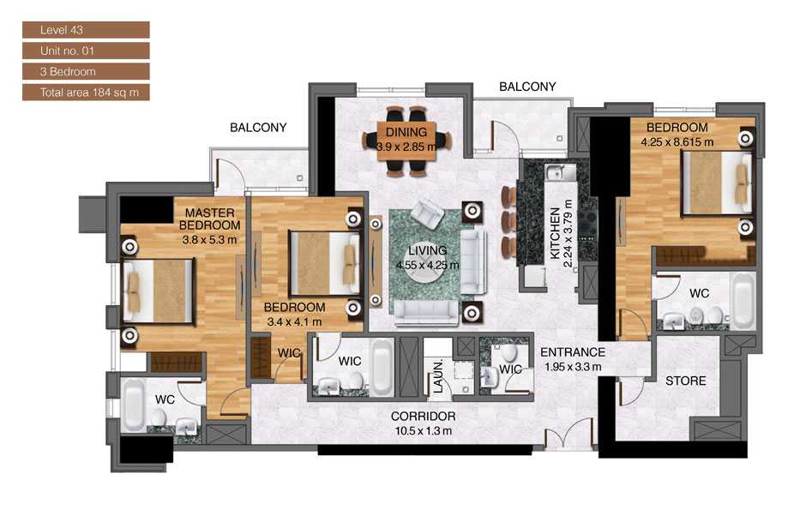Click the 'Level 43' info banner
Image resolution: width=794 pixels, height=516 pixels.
tap(86, 30)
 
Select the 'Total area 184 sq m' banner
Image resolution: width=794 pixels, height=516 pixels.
tap(86, 92)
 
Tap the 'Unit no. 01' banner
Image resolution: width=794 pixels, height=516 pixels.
tap(86, 51)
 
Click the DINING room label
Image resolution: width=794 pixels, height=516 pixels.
tap(406, 132)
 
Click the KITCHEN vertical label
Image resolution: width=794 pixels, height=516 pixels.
tap(556, 233)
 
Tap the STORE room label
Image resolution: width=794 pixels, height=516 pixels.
tap(686, 381)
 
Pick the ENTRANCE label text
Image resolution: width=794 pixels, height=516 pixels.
tap(572, 352)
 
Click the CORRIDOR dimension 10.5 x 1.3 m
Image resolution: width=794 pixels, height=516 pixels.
tap(422, 430)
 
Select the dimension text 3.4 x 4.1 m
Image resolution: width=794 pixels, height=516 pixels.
tap(293, 321)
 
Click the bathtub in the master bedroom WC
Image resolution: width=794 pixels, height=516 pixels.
tap(134, 405)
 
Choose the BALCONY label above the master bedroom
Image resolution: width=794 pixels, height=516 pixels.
tap(258, 127)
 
